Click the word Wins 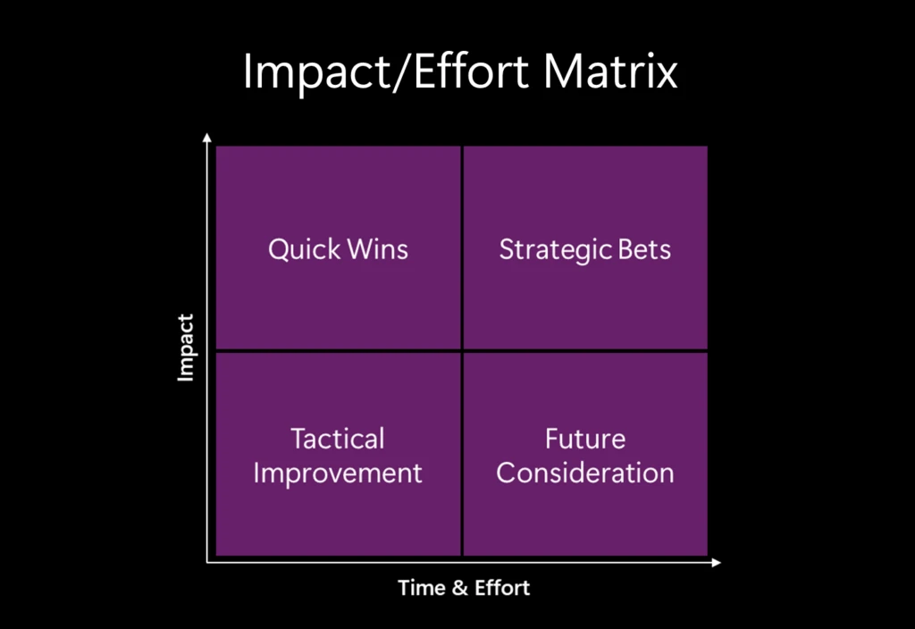pyautogui.click(x=377, y=248)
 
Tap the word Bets pyautogui.click(x=642, y=248)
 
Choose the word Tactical pyautogui.click(x=338, y=439)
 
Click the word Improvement pyautogui.click(x=338, y=472)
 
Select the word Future pyautogui.click(x=585, y=439)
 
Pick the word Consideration pyautogui.click(x=585, y=472)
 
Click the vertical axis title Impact pyautogui.click(x=186, y=348)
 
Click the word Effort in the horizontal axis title pyautogui.click(x=501, y=588)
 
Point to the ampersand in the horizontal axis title pyautogui.click(x=458, y=588)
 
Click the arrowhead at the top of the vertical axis pyautogui.click(x=207, y=138)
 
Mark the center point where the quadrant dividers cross pyautogui.click(x=462, y=351)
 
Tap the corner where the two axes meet pyautogui.click(x=207, y=563)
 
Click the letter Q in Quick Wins pyautogui.click(x=279, y=249)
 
